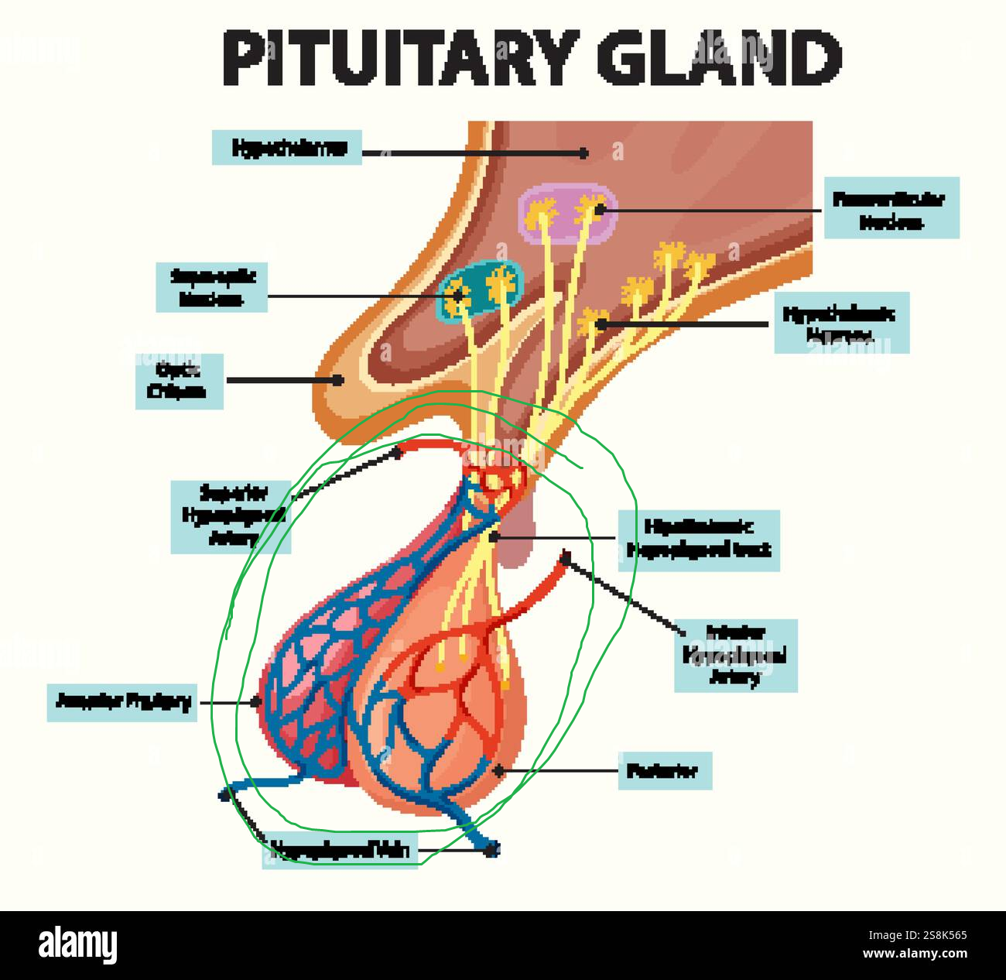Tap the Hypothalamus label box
(x=287, y=147)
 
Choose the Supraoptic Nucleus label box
(x=211, y=287)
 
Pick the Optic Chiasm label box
(x=179, y=381)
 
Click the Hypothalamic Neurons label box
(x=841, y=323)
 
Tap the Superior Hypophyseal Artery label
(x=231, y=516)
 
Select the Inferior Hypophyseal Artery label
(x=735, y=655)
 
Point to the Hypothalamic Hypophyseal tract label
(x=698, y=540)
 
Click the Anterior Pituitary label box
(x=122, y=701)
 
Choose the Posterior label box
(x=664, y=770)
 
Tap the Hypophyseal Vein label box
(x=340, y=851)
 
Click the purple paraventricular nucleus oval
(x=568, y=213)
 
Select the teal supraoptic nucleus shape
(x=481, y=292)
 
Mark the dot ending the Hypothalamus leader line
(x=584, y=153)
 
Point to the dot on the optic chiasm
(x=338, y=380)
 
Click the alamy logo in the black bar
(x=77, y=945)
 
